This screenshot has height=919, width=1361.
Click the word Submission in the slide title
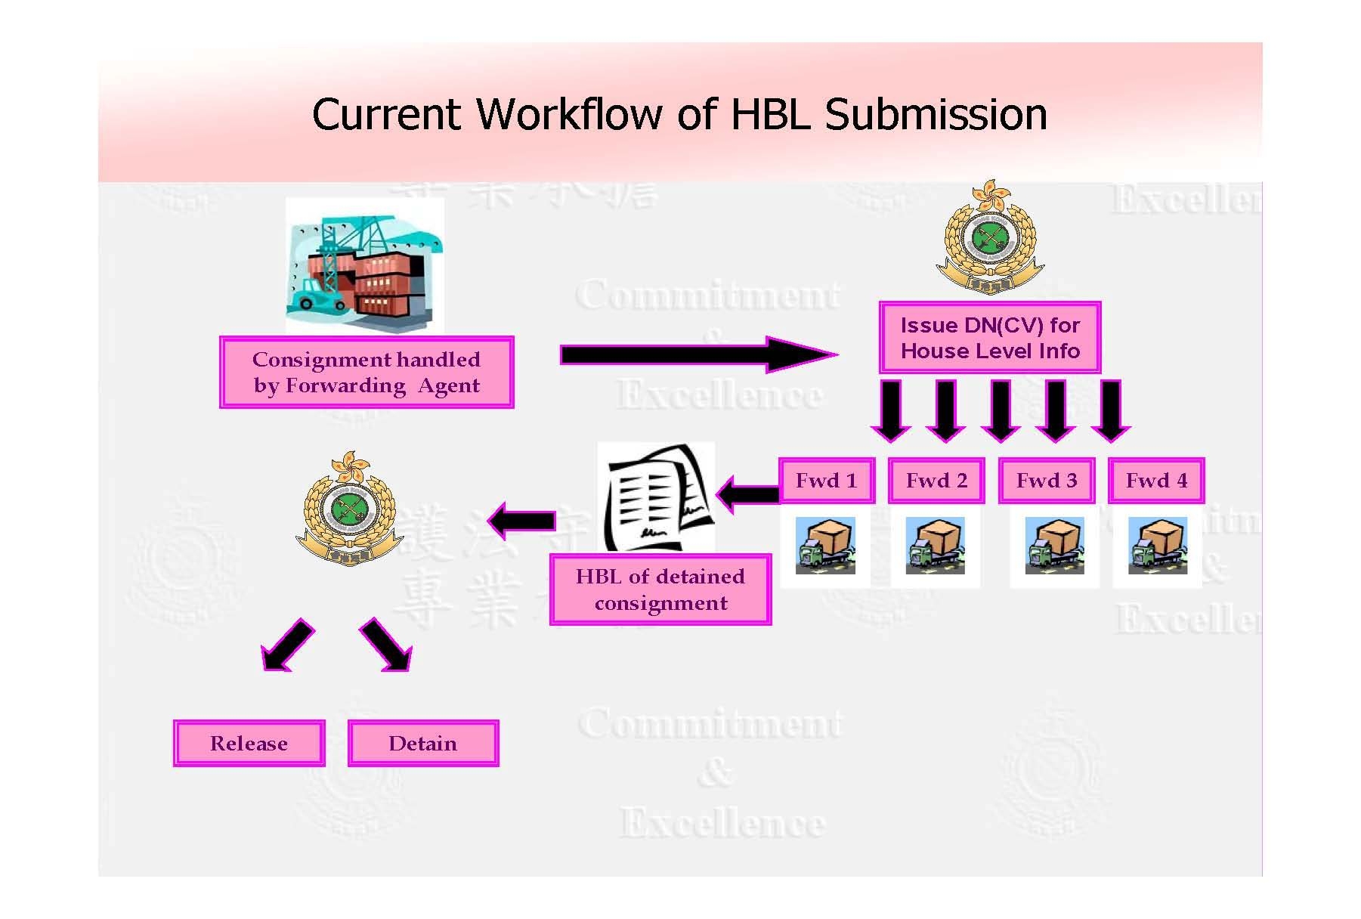935,115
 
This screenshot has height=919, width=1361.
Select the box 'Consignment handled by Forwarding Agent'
367,373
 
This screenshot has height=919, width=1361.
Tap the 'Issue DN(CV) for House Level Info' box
989,338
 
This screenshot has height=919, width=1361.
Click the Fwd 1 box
826,481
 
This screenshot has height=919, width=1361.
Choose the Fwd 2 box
936,481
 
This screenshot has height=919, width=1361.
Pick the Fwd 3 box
1047,481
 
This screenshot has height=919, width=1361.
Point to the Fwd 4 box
1156,481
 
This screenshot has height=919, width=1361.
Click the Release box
249,744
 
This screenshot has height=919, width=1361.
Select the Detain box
422,744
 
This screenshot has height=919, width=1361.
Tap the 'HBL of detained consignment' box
660,590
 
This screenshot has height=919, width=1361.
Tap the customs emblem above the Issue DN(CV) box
990,238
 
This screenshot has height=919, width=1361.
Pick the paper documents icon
655,497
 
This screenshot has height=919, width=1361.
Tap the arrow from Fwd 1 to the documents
748,495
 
